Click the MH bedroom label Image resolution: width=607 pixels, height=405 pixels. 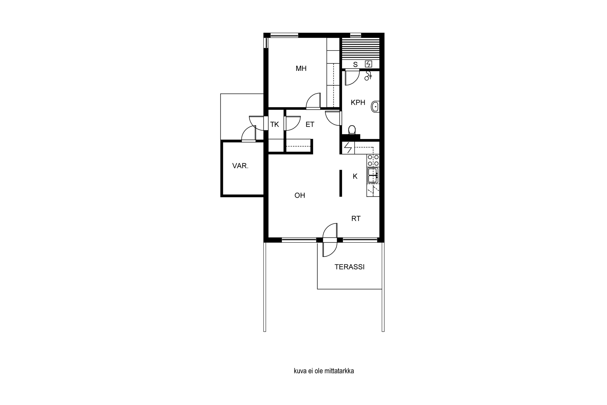click(301, 68)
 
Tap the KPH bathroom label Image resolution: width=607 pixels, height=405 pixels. click(358, 102)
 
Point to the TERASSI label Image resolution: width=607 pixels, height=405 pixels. click(349, 267)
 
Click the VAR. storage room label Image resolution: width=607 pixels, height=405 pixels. click(240, 166)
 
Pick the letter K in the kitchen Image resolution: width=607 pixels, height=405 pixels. click(355, 176)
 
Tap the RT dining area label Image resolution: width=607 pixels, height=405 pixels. click(356, 218)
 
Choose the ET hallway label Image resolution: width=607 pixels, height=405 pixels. click(310, 125)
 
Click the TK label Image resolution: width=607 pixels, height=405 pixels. click(274, 125)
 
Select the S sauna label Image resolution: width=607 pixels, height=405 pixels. click(355, 65)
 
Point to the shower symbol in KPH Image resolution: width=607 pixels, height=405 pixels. click(368, 75)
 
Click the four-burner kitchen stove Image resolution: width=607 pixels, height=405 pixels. click(373, 160)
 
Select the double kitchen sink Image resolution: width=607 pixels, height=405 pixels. click(373, 175)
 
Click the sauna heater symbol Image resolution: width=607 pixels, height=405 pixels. click(368, 64)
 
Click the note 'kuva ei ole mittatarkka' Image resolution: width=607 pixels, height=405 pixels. click(324, 371)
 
